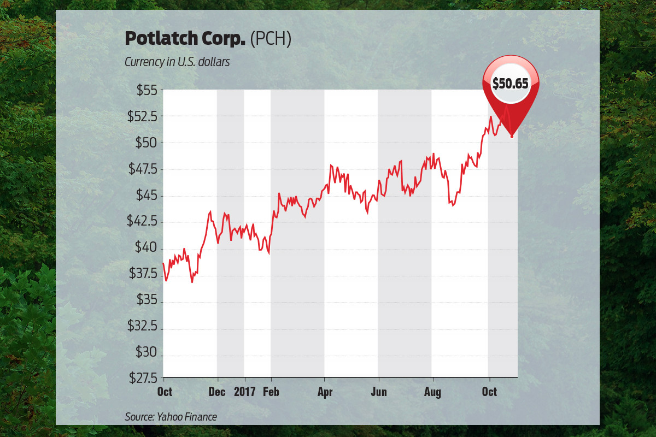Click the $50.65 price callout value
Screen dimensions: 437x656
[511, 84]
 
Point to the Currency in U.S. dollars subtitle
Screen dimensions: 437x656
[177, 62]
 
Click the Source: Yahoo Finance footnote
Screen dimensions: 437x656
[171, 417]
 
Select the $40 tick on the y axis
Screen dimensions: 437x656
[145, 247]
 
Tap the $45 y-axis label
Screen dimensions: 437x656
[145, 195]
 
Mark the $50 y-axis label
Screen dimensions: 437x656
[145, 143]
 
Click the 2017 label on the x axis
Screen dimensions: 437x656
[244, 392]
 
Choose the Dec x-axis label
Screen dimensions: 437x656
[217, 392]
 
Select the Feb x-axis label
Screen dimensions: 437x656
[271, 392]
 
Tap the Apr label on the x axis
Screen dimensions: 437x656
[325, 392]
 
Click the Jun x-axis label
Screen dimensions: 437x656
[379, 392]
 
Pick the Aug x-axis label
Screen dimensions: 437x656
[432, 392]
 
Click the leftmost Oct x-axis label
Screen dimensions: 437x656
[165, 392]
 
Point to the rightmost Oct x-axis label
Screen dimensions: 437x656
[489, 392]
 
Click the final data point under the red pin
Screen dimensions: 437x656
[512, 136]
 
